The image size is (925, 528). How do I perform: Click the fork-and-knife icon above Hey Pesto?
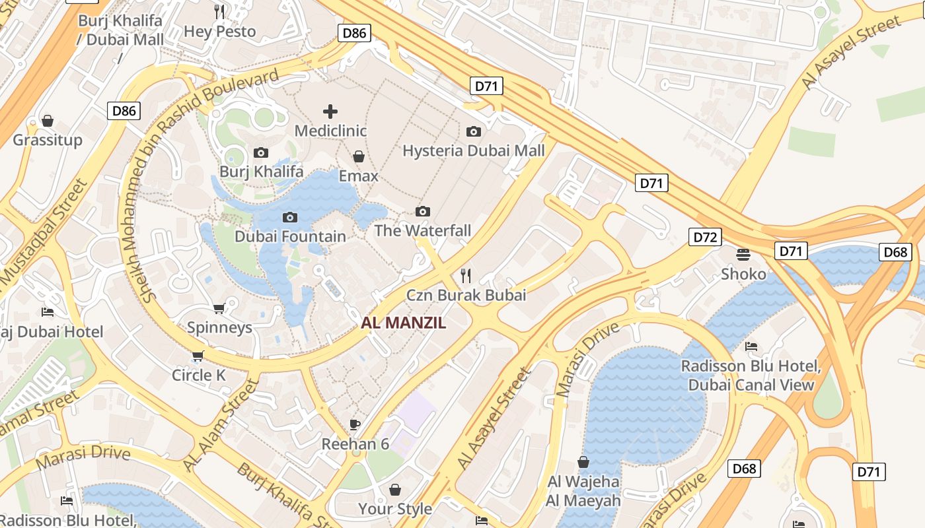coord(219,11)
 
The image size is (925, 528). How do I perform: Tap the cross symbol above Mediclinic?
coord(330,111)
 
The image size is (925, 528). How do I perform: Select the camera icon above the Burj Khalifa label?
coord(261,152)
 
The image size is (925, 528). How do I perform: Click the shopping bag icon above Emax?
coord(358,156)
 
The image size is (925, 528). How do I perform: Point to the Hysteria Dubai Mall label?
coord(473,150)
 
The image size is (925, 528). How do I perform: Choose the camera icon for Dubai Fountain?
coord(289,217)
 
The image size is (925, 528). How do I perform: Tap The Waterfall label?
coord(423,230)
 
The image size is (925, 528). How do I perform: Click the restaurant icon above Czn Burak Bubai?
coord(466,275)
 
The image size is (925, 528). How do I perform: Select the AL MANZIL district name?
coord(403,323)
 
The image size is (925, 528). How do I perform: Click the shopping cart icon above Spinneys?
coord(219,308)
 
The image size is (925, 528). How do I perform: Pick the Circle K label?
coord(198,375)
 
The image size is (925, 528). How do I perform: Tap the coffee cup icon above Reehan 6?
coord(355,424)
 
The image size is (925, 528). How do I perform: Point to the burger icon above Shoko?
coord(743,254)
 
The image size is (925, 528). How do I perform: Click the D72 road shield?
coord(704,237)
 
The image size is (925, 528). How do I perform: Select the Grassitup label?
coord(48,140)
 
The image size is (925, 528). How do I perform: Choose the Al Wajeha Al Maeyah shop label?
coord(583,491)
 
